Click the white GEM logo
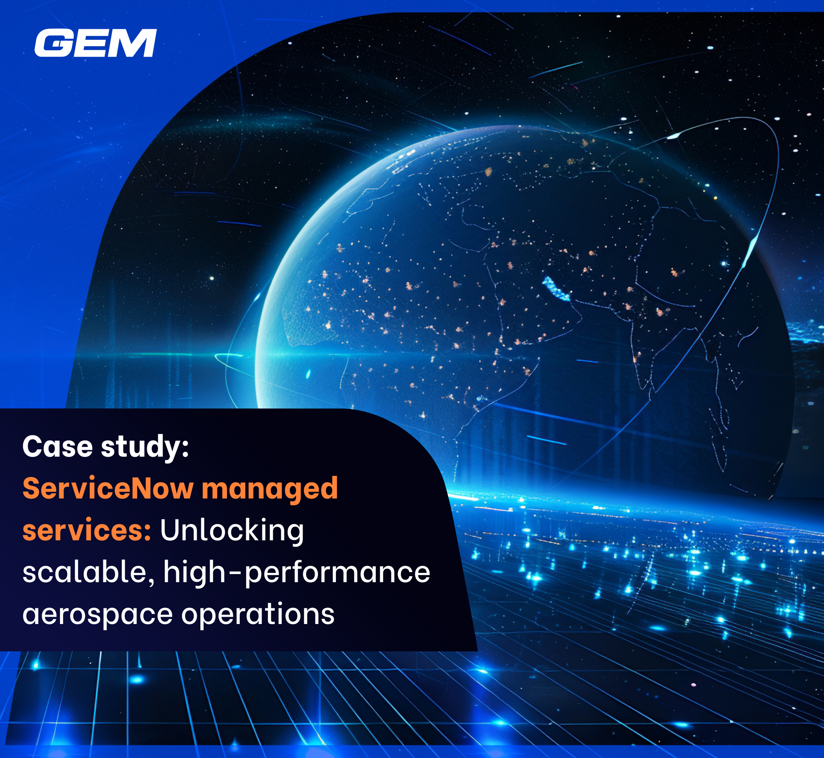[95, 43]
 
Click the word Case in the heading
[58, 446]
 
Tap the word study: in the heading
[145, 447]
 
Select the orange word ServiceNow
[108, 488]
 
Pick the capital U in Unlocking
[170, 530]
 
